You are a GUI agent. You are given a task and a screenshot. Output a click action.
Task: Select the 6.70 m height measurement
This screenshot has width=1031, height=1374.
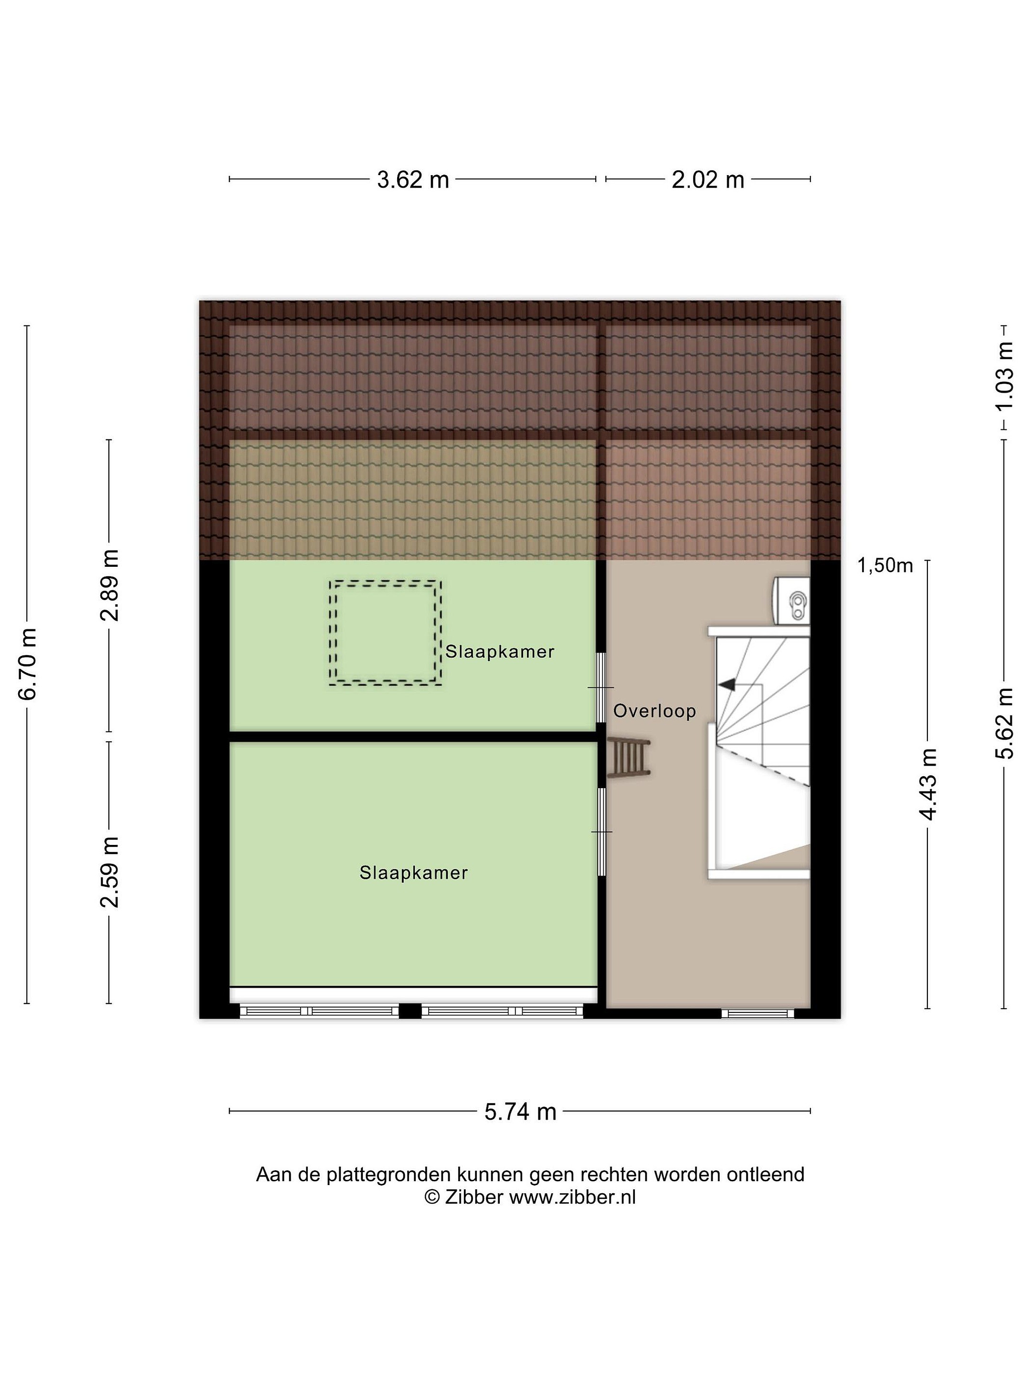28,664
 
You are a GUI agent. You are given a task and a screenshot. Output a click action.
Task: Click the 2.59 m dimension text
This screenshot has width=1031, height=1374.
110,872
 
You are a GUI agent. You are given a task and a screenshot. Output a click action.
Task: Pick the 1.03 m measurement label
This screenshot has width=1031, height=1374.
1004,376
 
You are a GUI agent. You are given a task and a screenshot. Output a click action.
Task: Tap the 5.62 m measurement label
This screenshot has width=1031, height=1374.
1004,724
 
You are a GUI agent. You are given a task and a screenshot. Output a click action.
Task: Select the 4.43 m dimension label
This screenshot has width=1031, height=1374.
928,784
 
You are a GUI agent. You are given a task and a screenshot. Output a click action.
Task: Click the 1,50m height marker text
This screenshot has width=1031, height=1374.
885,565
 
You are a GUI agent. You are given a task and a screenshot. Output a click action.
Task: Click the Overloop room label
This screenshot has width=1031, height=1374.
654,710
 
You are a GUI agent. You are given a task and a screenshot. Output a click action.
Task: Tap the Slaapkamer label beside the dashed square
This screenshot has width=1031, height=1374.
500,652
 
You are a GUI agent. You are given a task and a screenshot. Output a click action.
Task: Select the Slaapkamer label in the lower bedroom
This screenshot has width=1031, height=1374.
413,873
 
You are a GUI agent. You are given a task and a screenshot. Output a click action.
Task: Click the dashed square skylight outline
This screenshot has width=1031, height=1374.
385,582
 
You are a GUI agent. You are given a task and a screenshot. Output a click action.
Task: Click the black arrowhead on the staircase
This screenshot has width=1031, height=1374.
726,685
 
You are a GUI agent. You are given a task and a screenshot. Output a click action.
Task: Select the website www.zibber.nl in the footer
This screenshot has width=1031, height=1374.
572,1197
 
